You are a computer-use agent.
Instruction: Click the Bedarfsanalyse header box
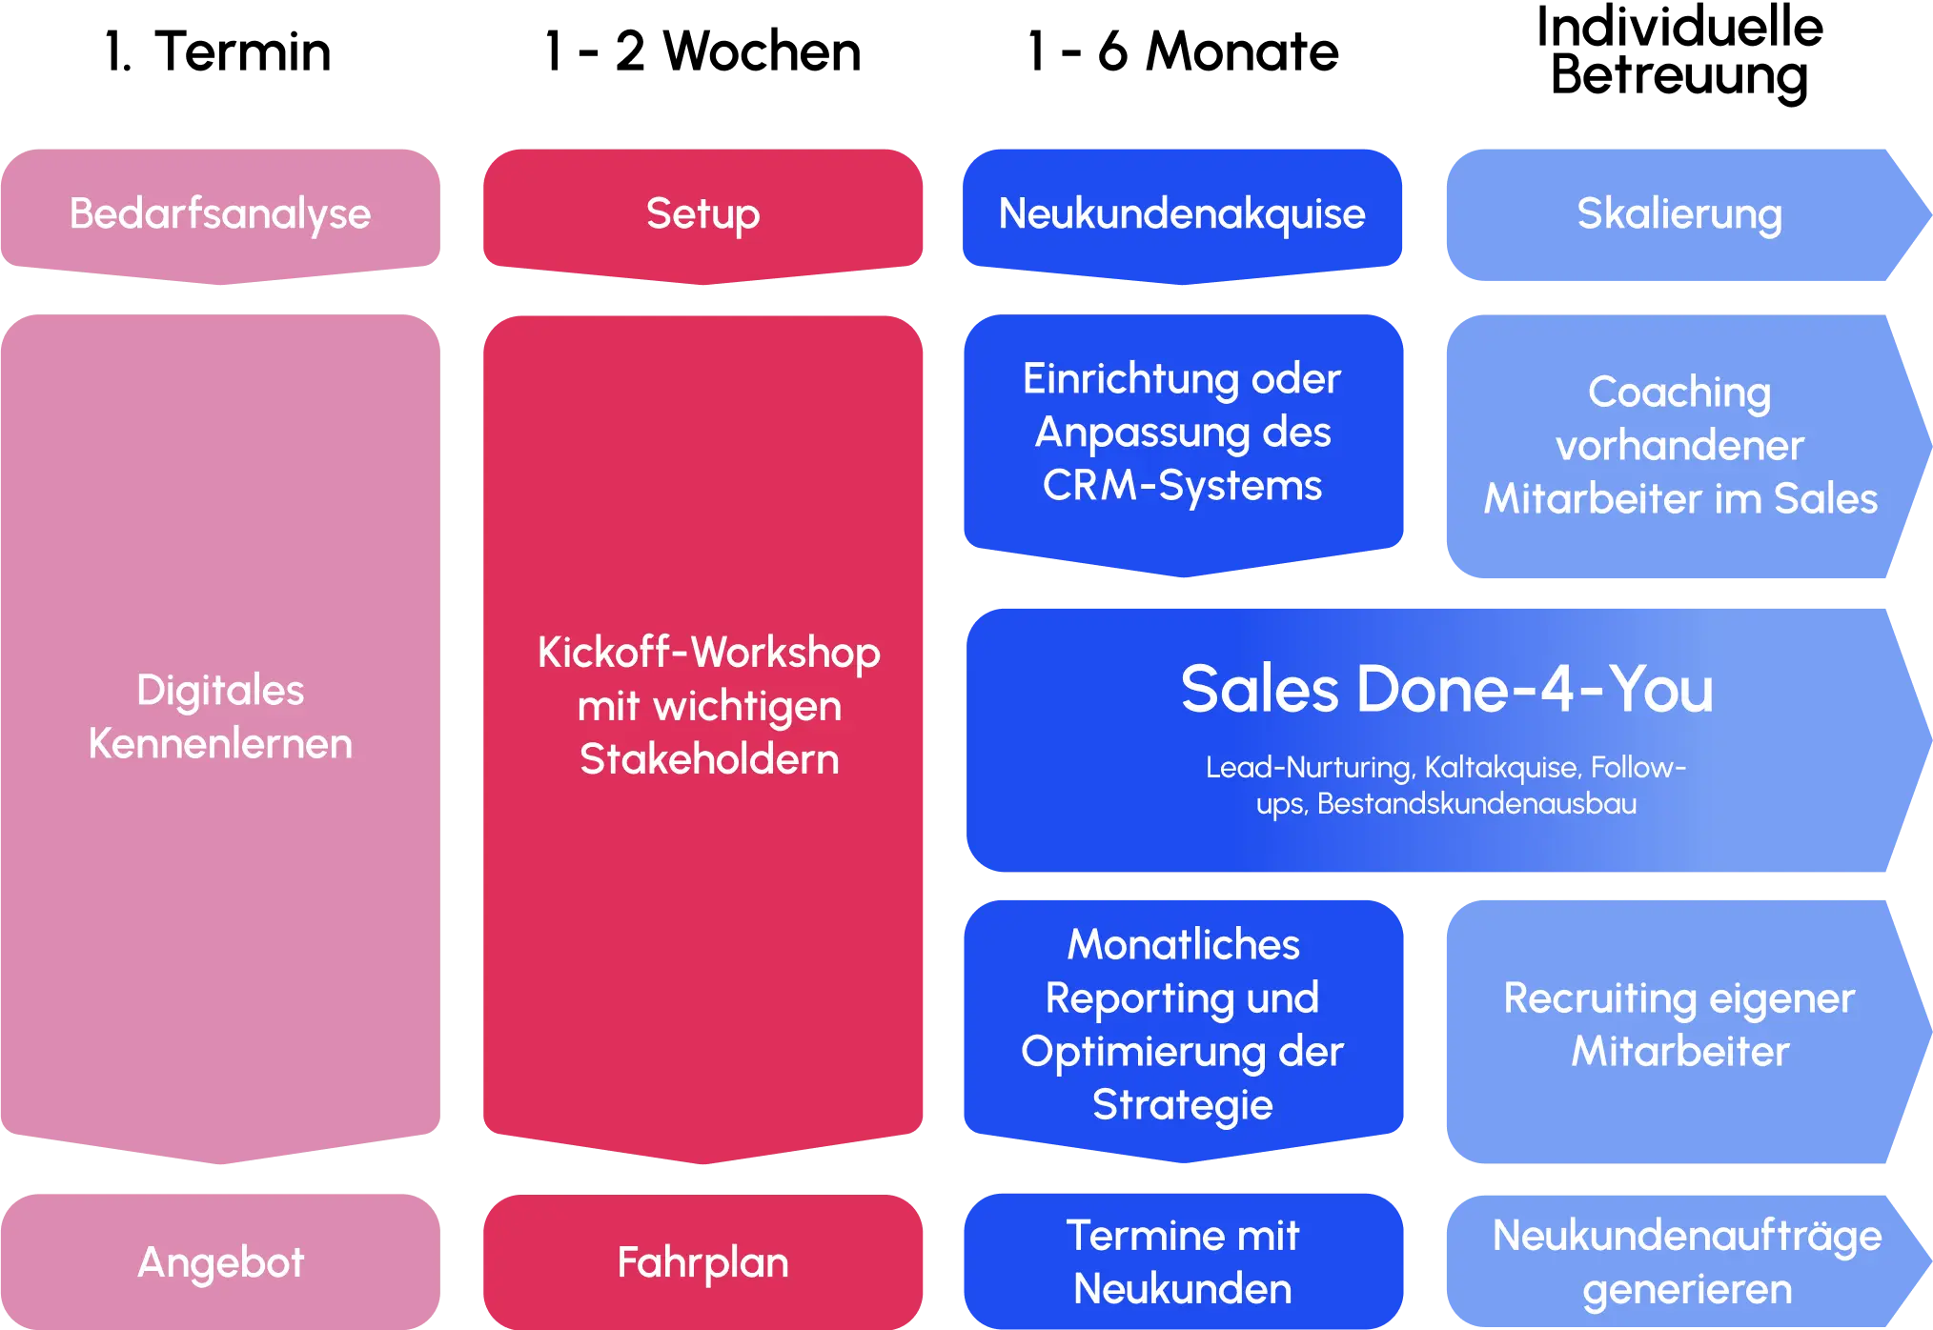click(x=220, y=213)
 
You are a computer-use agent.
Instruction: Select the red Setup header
click(x=702, y=213)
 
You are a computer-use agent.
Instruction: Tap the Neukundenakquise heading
click(x=1181, y=213)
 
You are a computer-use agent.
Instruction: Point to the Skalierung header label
click(x=1679, y=213)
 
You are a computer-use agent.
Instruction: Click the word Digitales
click(x=220, y=690)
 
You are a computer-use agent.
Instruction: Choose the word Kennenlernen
click(x=220, y=743)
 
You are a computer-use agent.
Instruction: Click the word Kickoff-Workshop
click(x=708, y=653)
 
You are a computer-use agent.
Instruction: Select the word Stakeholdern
click(x=709, y=759)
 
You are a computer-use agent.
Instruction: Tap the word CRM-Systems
click(x=1182, y=485)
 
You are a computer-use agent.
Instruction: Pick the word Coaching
click(x=1679, y=392)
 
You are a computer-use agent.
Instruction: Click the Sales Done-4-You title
click(x=1447, y=689)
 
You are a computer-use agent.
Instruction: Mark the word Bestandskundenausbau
click(x=1476, y=804)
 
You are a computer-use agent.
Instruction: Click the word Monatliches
click(x=1183, y=944)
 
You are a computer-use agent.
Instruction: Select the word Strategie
click(x=1182, y=1105)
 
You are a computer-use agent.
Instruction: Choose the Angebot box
click(x=220, y=1262)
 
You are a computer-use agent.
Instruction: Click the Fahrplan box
click(x=702, y=1262)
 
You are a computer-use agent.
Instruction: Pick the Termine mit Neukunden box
click(x=1182, y=1262)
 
